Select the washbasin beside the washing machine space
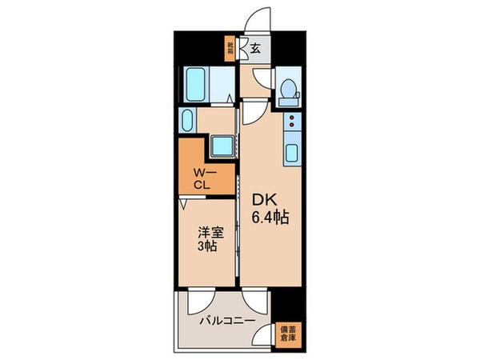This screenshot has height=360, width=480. [187, 122]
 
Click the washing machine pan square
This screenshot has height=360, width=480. [220, 147]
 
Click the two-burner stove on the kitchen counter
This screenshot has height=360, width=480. [291, 123]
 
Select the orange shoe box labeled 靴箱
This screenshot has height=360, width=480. [230, 49]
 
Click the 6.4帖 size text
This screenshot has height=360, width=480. [272, 217]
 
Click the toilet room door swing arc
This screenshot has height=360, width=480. [259, 79]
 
